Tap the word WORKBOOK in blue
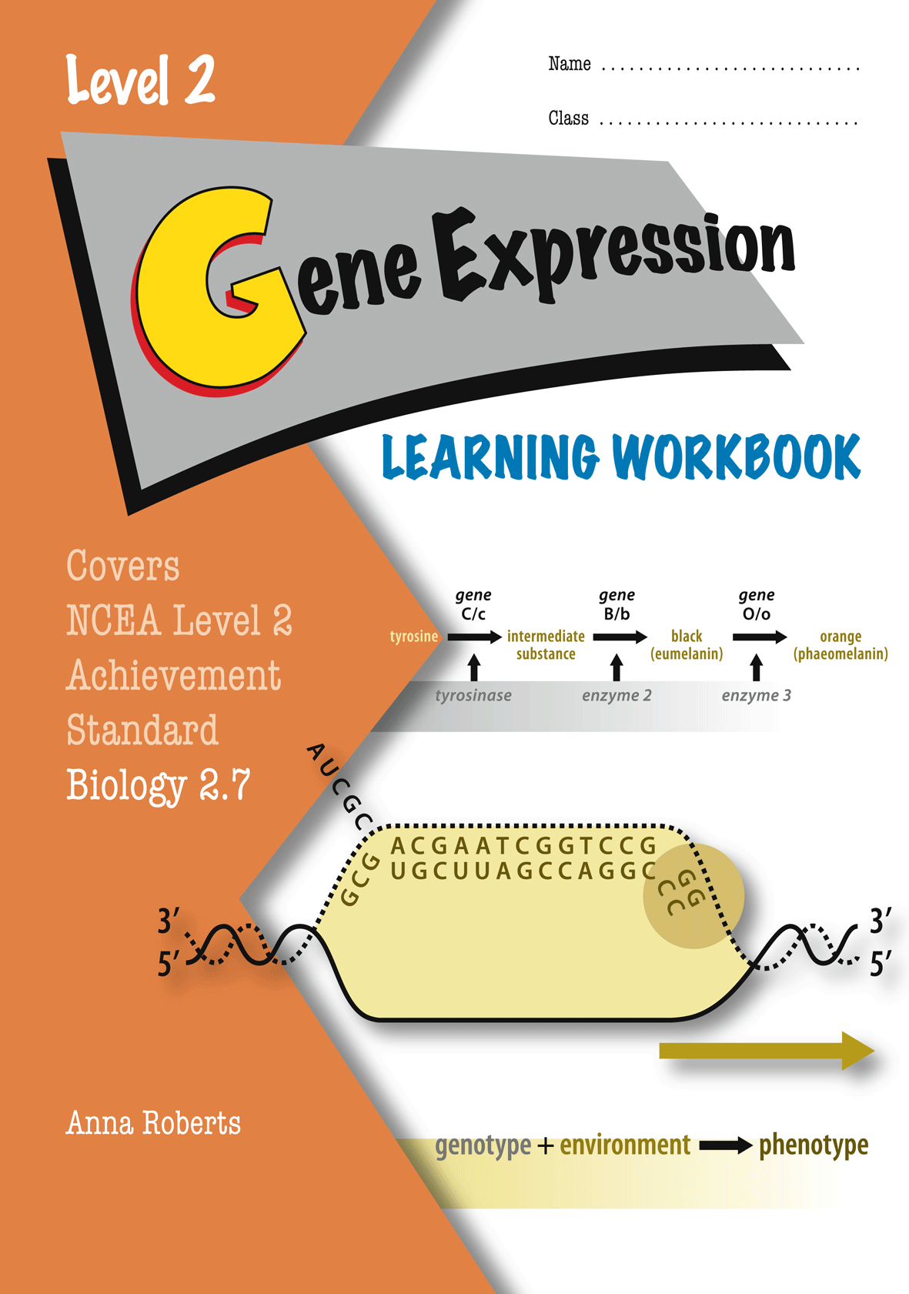737,457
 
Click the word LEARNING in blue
490,457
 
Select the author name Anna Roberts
153,1123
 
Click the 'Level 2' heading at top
140,79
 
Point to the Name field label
570,64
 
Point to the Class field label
568,118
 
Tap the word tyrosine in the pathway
413,636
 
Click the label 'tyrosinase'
473,695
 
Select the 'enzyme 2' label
617,695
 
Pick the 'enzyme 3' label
756,695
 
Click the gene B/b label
617,604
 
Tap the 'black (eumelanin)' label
687,644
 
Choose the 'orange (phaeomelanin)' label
840,644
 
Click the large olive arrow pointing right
767,1050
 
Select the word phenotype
813,1145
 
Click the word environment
625,1145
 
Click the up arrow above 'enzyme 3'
756,667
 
